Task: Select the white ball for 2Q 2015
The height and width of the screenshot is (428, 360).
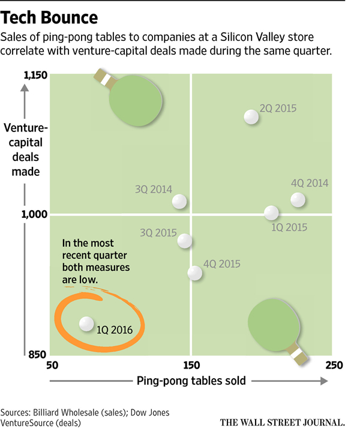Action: (251, 117)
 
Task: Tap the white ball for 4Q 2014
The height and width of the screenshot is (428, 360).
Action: (298, 199)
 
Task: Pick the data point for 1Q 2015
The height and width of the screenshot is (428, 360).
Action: (271, 212)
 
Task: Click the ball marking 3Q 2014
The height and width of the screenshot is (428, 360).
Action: (179, 202)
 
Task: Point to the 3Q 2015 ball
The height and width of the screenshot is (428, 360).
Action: (185, 241)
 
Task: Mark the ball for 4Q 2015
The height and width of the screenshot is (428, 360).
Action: (194, 273)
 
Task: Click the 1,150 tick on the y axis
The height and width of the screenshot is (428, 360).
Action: (35, 75)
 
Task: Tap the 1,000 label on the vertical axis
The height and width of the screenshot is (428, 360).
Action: (35, 214)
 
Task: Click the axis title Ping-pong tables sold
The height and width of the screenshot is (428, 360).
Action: (188, 381)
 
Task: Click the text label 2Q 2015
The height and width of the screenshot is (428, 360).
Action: (279, 109)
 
